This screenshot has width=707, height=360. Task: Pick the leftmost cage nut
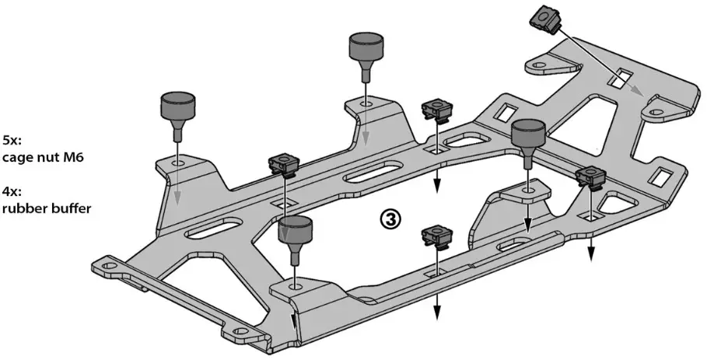tap(285, 165)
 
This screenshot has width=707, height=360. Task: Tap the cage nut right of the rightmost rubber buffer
tap(591, 179)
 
